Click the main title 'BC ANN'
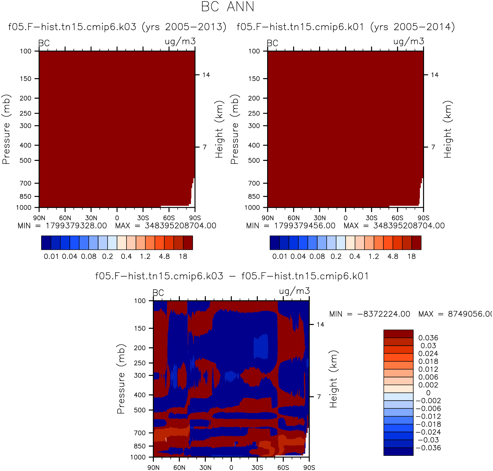[227, 7]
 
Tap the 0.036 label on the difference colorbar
[428, 338]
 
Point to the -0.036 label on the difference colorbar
[428, 448]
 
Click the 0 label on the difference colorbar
[428, 393]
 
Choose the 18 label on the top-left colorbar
[183, 256]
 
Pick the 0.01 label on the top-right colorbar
[279, 256]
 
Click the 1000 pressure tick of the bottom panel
[138, 457]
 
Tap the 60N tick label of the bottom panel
[179, 467]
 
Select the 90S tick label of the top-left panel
[195, 218]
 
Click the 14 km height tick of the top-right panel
[434, 75]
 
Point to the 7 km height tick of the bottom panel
[319, 397]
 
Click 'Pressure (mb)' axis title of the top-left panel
[6, 129]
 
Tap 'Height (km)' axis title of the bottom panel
[333, 379]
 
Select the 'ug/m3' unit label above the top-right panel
[409, 41]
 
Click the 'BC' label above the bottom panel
[158, 293]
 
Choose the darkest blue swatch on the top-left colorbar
[46, 243]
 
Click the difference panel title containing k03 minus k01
[232, 276]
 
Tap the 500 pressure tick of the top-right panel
[254, 160]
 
